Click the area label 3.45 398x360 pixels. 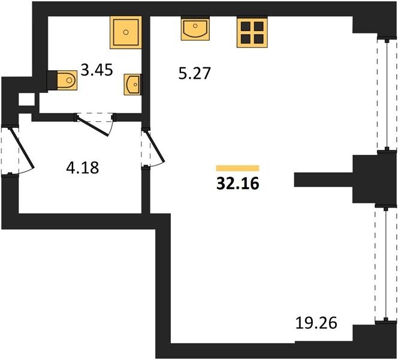(97, 70)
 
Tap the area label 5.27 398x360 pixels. (194, 74)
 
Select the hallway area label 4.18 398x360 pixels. (83, 167)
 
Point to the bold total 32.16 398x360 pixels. (238, 183)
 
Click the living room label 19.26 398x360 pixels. (316, 323)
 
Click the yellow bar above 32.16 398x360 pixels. (237, 168)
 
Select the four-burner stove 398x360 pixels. (252, 32)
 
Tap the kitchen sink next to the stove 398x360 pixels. (195, 29)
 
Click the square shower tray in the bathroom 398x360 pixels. (126, 32)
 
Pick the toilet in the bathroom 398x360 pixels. (67, 80)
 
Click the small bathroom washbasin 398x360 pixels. (132, 85)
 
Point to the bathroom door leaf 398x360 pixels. (93, 126)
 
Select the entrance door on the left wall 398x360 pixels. (22, 149)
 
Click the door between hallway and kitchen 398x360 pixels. (154, 146)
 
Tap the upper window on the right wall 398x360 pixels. (387, 95)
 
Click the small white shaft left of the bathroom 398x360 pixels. (26, 100)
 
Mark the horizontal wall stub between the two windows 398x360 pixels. (324, 179)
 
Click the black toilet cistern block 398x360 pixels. (52, 80)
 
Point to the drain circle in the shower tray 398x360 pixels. (126, 32)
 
